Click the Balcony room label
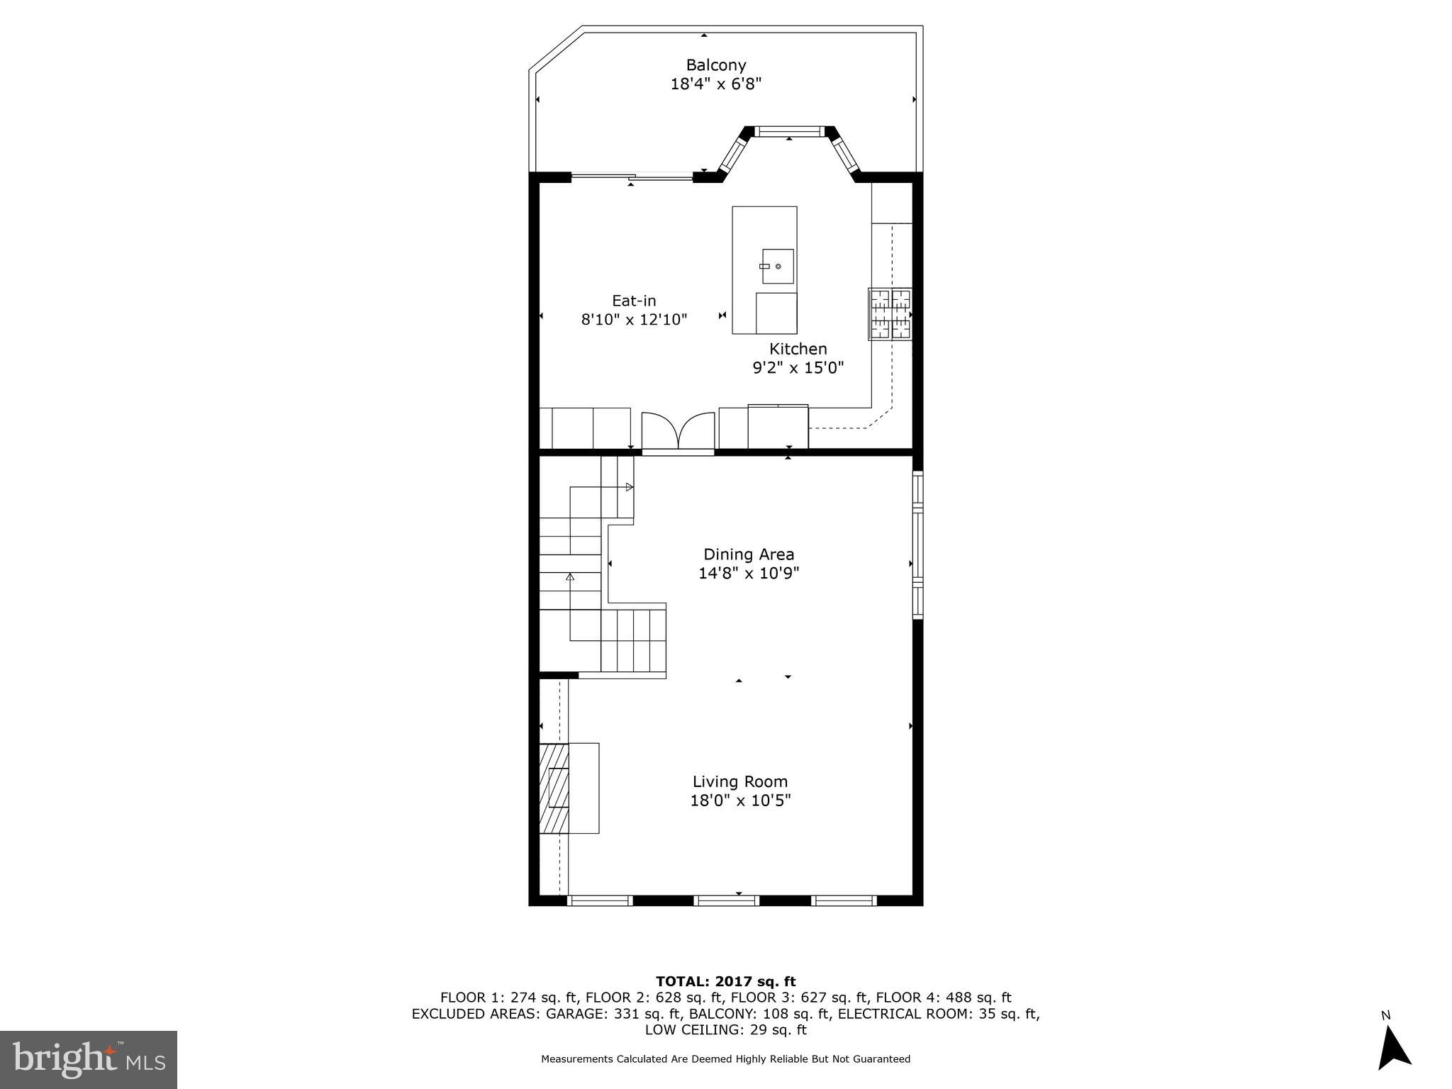(716, 65)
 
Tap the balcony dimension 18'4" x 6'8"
(716, 84)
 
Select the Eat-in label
(634, 301)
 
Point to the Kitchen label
(798, 349)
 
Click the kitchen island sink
(777, 266)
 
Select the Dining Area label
(749, 554)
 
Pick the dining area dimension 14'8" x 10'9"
(749, 573)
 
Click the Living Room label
(740, 781)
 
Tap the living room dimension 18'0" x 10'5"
(740, 800)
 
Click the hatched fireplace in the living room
(554, 788)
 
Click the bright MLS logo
(89, 1060)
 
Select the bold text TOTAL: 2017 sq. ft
(725, 981)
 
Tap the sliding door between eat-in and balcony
(632, 177)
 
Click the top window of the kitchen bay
(788, 131)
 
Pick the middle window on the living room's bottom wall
(726, 900)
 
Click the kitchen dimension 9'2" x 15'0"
(798, 368)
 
